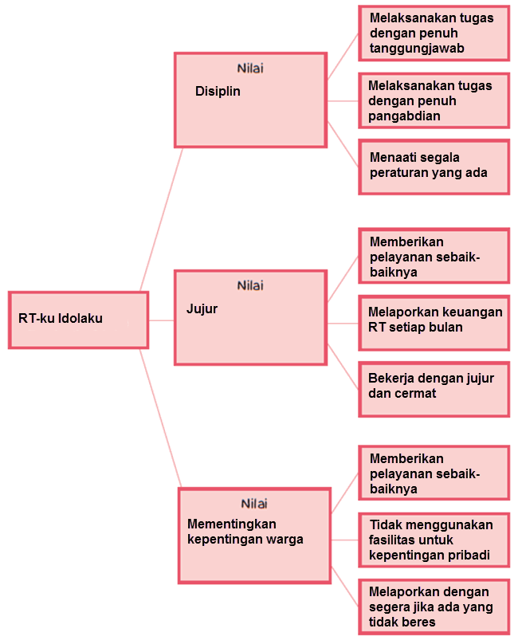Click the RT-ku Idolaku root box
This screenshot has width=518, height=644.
[78, 320]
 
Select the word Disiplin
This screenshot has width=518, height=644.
[218, 91]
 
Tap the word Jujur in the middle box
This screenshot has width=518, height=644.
[202, 308]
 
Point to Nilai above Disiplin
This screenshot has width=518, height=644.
[250, 69]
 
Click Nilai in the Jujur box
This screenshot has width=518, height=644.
[250, 285]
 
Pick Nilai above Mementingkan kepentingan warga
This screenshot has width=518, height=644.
[254, 504]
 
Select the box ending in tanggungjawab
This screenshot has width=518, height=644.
[434, 33]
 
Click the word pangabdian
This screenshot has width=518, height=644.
[405, 116]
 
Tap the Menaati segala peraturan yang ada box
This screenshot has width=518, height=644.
[434, 167]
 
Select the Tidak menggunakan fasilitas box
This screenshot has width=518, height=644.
[434, 540]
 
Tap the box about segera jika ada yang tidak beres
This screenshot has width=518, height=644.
[434, 606]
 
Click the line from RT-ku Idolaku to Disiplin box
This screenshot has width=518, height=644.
[162, 218]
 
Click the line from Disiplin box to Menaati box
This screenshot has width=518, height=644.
[343, 143]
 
